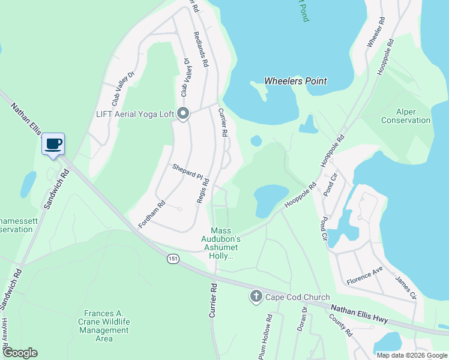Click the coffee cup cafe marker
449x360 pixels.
coord(53,144)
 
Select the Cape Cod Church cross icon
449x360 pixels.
coord(256,296)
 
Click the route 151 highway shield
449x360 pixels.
coord(173,259)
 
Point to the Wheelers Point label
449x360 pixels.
coord(296,81)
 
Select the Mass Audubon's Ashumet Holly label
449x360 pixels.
coord(228,244)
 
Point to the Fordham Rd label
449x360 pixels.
coord(152,214)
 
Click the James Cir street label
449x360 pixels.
coord(405,287)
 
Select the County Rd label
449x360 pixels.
coord(340,324)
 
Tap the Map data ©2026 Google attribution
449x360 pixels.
coord(412,355)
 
